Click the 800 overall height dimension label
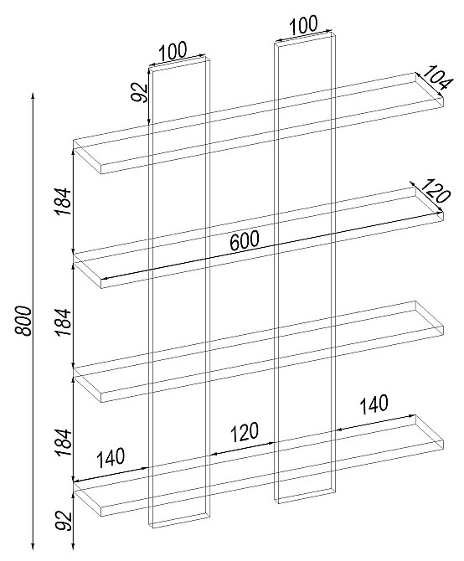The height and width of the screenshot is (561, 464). click(23, 321)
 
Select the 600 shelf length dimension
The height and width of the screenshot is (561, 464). click(244, 240)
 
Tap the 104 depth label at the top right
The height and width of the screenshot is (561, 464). click(436, 80)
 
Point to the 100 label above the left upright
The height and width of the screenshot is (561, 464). click(173, 52)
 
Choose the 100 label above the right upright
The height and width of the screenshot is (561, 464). click(303, 25)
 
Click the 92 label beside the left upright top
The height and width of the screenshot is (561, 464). click(139, 92)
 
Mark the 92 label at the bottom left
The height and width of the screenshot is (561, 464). click(64, 521)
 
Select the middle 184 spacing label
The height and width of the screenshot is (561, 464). click(64, 322)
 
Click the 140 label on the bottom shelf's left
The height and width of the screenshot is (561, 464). click(111, 458)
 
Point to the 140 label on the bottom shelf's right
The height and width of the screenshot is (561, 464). click(374, 404)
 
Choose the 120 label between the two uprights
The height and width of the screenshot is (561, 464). click(244, 432)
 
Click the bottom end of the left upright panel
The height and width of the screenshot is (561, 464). click(179, 521)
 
